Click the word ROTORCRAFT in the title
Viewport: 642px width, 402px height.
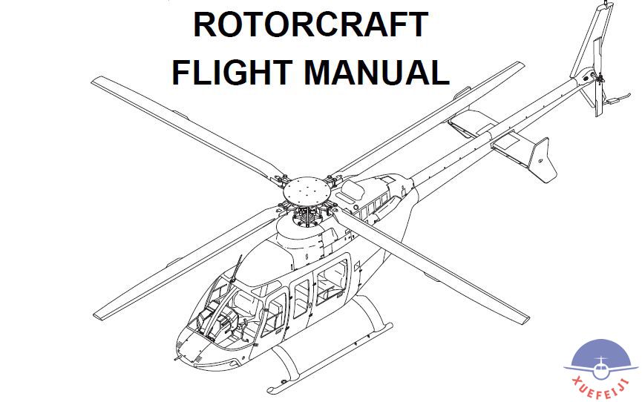(310, 24)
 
